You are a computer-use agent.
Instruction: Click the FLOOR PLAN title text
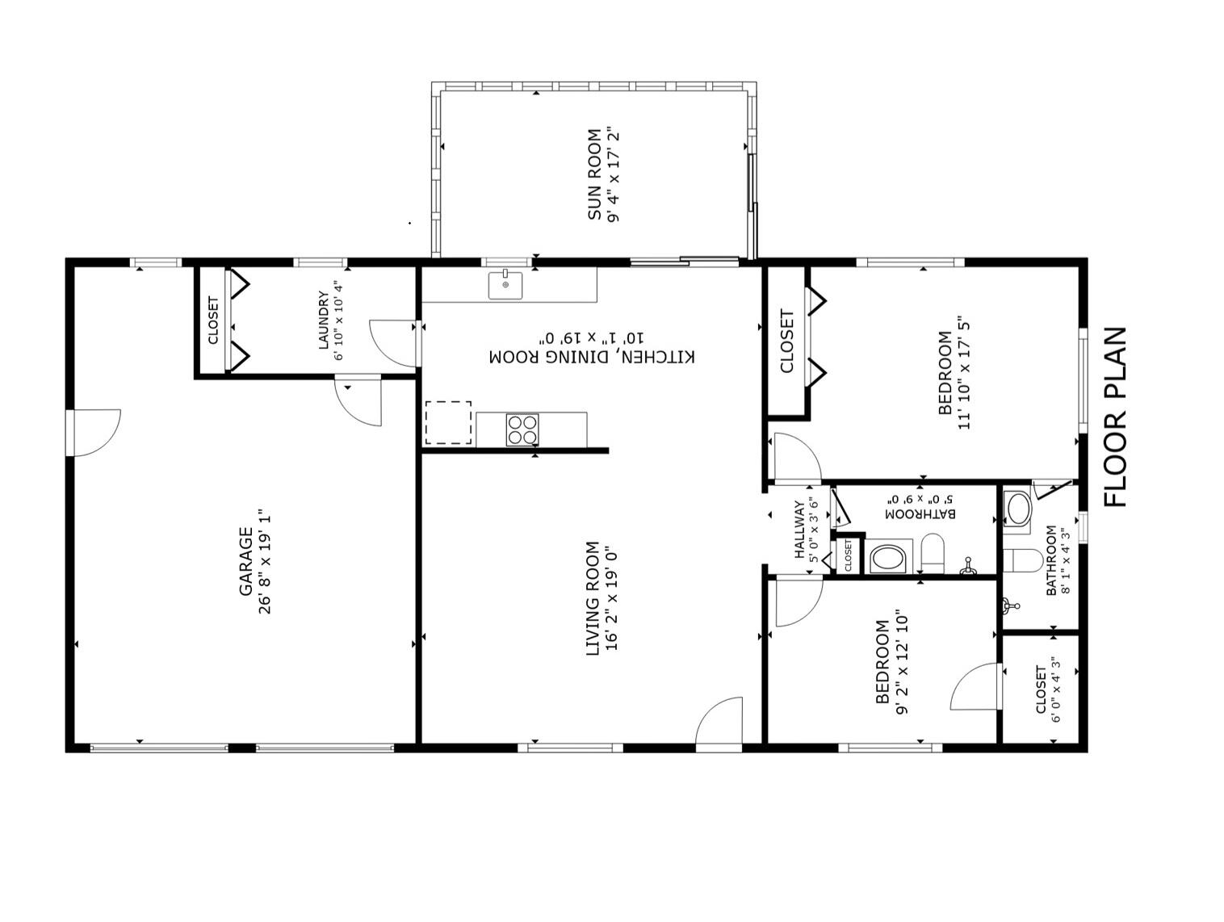point(1115,417)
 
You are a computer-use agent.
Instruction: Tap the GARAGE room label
point(246,562)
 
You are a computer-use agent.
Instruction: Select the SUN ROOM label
point(594,174)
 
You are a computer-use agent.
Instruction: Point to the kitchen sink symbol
point(505,285)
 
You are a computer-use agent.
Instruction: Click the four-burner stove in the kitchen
point(522,430)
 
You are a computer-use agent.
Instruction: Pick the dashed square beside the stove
point(448,422)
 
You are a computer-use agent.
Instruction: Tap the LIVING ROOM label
point(593,598)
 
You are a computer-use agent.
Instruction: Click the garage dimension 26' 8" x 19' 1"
point(266,562)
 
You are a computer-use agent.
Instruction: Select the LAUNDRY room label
point(324,321)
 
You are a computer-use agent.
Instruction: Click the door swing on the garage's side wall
point(95,432)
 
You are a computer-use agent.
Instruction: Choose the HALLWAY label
point(799,530)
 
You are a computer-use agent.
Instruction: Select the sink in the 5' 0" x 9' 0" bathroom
point(889,558)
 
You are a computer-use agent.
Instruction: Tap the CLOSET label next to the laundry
point(214,320)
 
